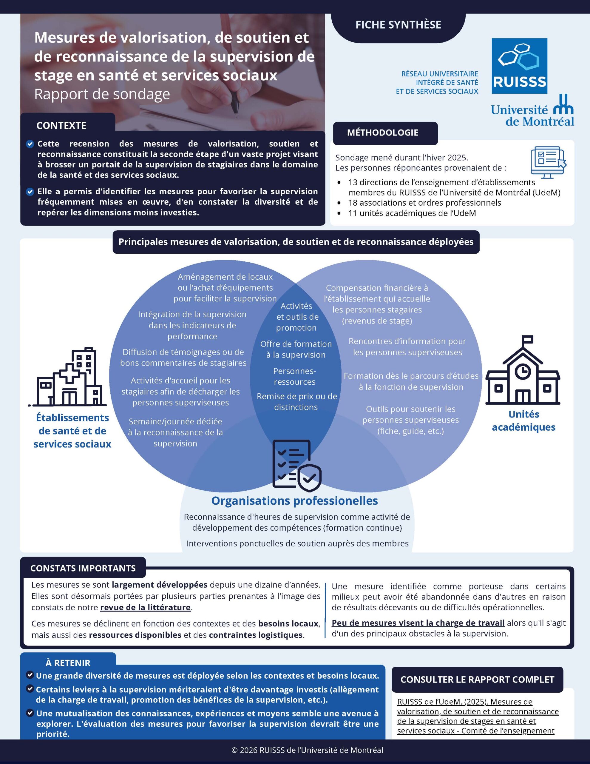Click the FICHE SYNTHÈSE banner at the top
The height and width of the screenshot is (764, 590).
click(398, 25)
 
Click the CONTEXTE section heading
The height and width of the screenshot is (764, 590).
click(61, 126)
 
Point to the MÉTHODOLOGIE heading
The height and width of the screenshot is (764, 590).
click(383, 133)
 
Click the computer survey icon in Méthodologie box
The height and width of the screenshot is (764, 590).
click(548, 162)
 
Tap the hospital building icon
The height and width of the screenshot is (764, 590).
click(67, 377)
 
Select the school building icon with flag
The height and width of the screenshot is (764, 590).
click(523, 370)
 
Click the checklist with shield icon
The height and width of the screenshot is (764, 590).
click(296, 464)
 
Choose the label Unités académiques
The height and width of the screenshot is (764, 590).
click(523, 420)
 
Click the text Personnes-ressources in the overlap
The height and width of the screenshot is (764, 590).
click(294, 376)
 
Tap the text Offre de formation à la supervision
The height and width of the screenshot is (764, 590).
click(296, 349)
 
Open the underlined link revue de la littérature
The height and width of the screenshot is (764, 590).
click(146, 608)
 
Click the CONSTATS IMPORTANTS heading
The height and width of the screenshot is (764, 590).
click(83, 569)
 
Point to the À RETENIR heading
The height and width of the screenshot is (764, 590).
click(68, 663)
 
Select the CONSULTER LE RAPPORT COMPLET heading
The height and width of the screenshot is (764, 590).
click(477, 680)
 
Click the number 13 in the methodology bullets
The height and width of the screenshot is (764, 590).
click(353, 182)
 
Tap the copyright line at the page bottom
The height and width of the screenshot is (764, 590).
click(308, 750)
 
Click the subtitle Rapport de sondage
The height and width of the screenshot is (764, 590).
click(102, 94)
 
